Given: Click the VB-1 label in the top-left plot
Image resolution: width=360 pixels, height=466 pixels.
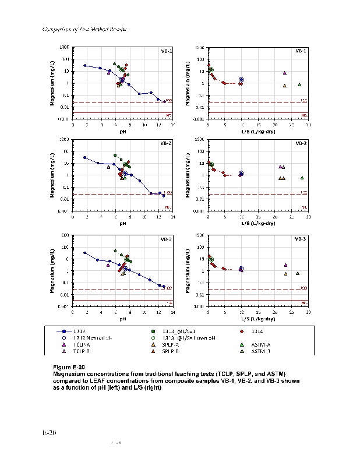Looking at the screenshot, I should coord(166,51).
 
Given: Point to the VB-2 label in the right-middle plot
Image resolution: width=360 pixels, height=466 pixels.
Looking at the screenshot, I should coord(301,143).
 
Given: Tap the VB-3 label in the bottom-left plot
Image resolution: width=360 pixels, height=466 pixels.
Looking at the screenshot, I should coord(166,239).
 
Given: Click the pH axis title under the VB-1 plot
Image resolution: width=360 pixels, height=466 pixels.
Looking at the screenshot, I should coord(123,131).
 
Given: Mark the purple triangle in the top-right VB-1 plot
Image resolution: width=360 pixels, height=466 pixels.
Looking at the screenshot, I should coord(285,73).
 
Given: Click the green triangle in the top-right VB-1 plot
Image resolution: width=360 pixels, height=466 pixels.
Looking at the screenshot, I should coord(299,84).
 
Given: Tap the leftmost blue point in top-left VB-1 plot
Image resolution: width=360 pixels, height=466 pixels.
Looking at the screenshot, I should coord(85,66).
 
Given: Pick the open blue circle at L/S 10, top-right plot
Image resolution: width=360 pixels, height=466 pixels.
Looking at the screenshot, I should coord(241,79).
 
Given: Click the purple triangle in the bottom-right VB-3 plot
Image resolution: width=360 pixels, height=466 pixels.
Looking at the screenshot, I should coord(285,265).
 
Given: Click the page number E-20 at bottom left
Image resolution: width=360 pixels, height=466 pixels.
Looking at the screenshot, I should coord(48,433).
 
